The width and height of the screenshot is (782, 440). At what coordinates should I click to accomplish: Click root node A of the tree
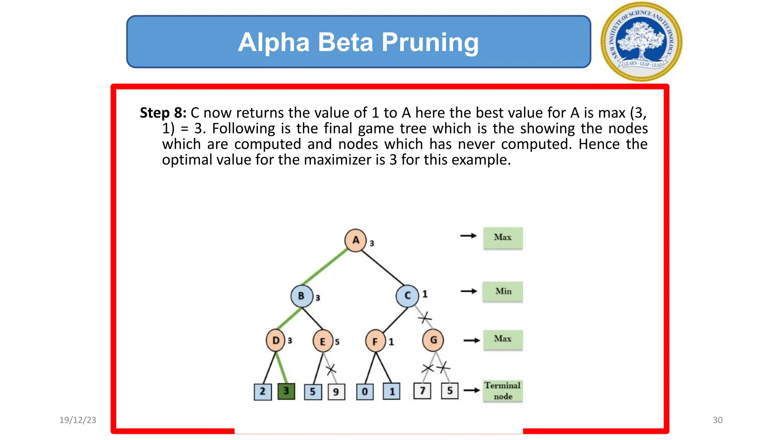(355, 240)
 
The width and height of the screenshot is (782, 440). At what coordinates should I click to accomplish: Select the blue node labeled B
(301, 296)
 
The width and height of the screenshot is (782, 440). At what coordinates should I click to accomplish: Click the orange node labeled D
(276, 340)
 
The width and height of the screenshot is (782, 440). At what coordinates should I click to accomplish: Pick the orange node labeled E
(323, 341)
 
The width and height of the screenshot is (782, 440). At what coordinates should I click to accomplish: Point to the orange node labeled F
(375, 341)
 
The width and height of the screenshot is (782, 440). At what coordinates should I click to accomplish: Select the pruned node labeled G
(433, 340)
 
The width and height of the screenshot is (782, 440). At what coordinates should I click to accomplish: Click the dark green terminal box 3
(286, 391)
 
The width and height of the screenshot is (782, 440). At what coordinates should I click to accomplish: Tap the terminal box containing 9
(336, 392)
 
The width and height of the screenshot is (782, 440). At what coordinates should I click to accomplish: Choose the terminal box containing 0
(365, 392)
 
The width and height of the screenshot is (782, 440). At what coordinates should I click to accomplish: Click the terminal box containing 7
(422, 391)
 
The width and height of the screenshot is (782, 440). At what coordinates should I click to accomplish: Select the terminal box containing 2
(263, 391)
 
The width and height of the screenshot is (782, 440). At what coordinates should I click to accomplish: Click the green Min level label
(503, 292)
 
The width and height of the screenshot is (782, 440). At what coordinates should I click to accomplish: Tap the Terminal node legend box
(503, 391)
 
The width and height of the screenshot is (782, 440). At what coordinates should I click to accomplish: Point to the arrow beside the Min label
(469, 291)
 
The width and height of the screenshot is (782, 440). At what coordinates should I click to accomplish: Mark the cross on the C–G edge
(425, 317)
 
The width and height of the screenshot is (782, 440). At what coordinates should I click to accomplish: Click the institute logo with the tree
(641, 41)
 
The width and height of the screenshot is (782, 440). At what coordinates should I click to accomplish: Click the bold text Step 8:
(163, 113)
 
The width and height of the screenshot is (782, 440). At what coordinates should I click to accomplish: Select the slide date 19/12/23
(78, 420)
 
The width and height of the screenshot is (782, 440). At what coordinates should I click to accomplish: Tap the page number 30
(717, 420)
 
